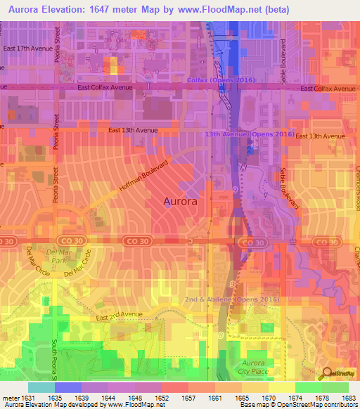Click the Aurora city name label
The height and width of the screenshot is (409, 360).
(180, 201)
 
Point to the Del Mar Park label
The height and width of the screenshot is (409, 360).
(55, 256)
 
